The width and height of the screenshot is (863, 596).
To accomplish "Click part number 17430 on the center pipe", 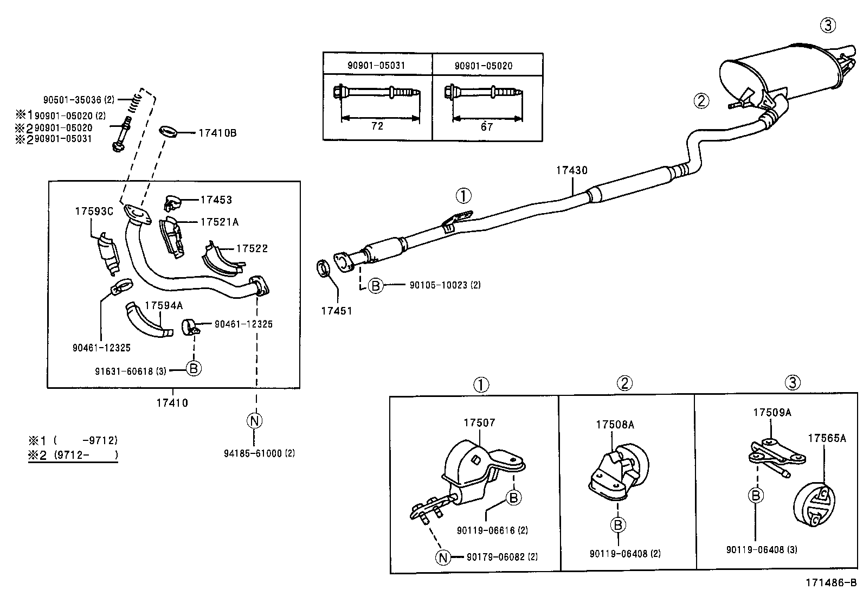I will pos(571,170).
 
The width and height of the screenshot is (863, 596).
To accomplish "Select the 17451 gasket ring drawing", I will pos(324,268).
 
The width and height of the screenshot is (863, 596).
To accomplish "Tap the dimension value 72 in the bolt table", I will pos(377,126).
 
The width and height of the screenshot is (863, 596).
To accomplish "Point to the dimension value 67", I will pos(487,127).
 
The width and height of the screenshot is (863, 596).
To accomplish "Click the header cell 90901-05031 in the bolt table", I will pos(377,66).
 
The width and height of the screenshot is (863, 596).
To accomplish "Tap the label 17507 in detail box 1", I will pos(479,422).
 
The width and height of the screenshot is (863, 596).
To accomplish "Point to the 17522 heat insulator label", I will pos(252,248).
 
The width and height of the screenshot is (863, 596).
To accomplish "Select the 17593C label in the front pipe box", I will pos(94,211).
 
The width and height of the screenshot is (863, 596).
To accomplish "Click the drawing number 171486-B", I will pos(830,582).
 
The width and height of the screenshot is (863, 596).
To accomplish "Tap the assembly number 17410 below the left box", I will pos(172,403).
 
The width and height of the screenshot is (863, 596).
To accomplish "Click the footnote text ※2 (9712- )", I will pos(73,455).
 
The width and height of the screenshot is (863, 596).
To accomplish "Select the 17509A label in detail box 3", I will pos(772,412).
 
